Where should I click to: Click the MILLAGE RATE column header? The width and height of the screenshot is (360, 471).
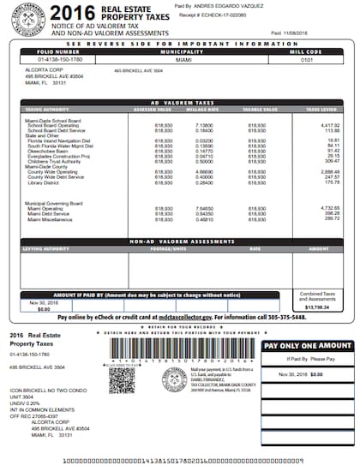(x=202, y=110)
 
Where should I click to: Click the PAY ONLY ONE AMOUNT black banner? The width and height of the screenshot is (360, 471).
(x=306, y=344)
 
